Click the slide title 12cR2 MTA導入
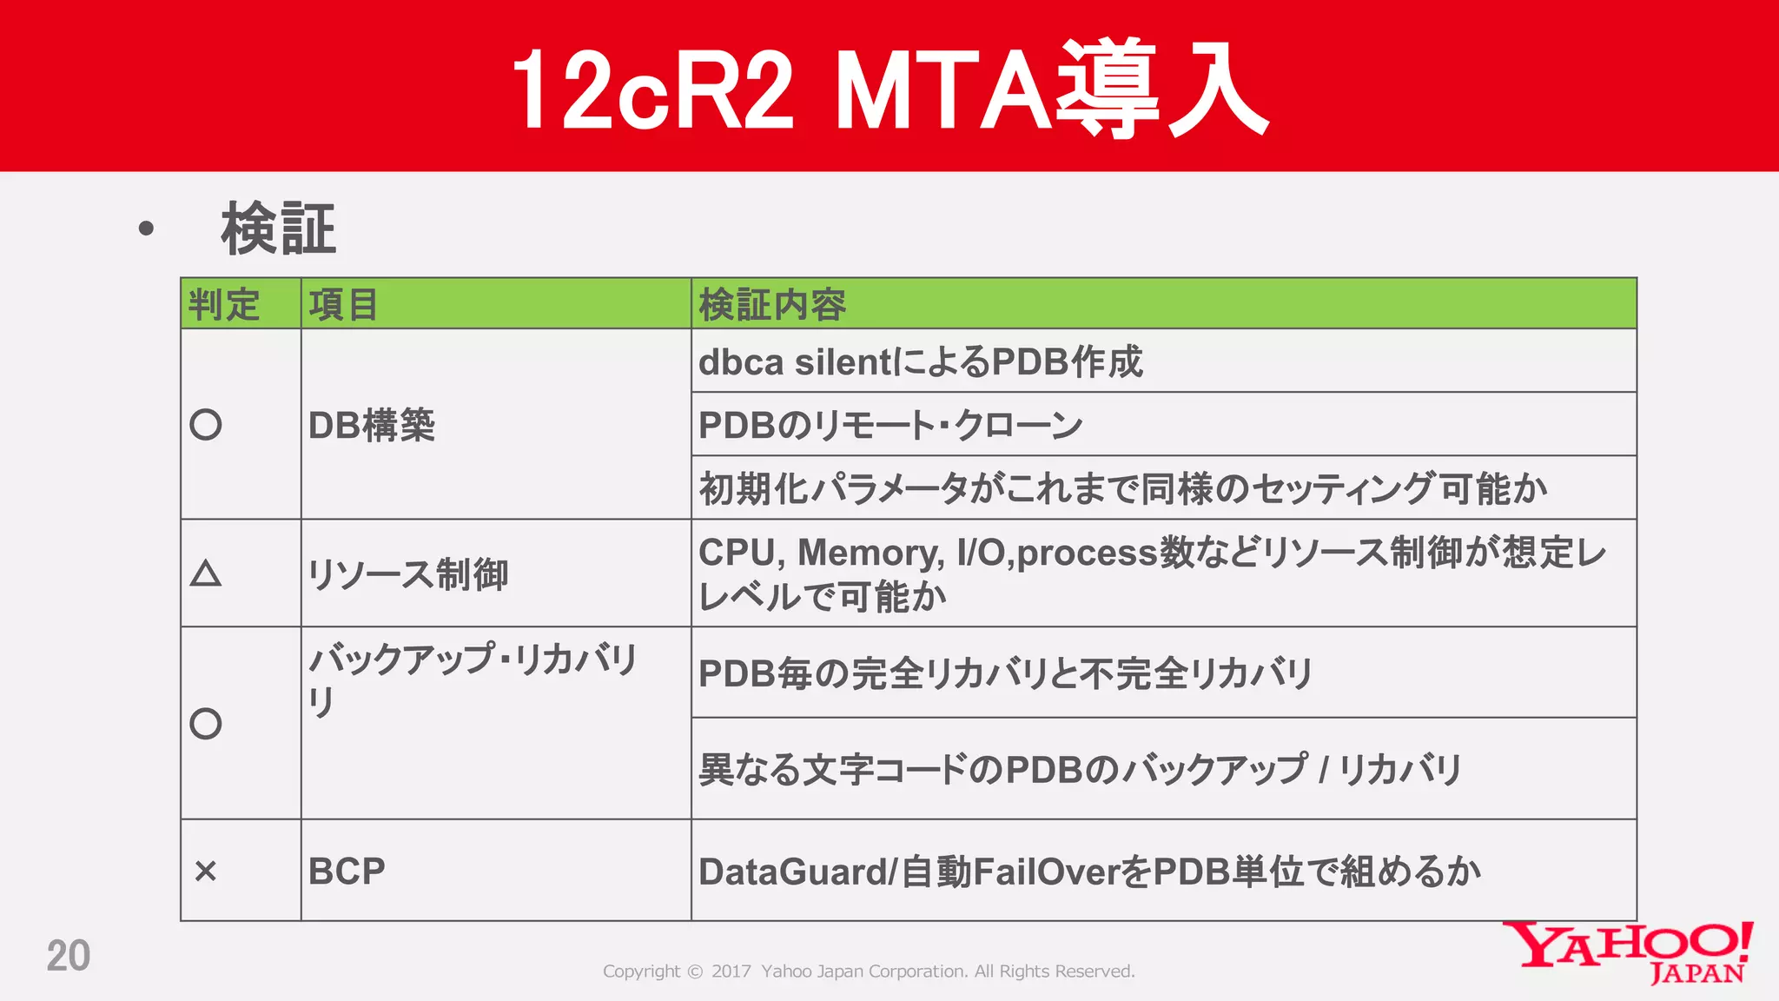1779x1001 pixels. tap(889, 89)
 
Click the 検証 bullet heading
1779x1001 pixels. tap(278, 229)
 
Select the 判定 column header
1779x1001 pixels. tap(224, 305)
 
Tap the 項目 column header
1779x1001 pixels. tap(344, 305)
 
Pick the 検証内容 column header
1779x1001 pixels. tap(772, 305)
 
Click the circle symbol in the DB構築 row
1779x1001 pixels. tap(206, 425)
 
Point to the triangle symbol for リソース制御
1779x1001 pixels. tap(206, 574)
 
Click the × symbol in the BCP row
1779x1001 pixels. tap(206, 871)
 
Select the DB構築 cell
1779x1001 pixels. tap(372, 426)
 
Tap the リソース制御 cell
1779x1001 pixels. tap(408, 574)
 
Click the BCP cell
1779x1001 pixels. tap(347, 872)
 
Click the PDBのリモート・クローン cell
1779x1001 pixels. tap(890, 426)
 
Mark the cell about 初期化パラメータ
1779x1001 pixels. tap(1122, 489)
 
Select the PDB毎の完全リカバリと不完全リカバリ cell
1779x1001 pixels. tap(1005, 673)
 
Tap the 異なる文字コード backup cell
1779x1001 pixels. tap(1080, 770)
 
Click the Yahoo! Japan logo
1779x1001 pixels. tap(1628, 952)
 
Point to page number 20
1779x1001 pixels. tap(69, 957)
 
